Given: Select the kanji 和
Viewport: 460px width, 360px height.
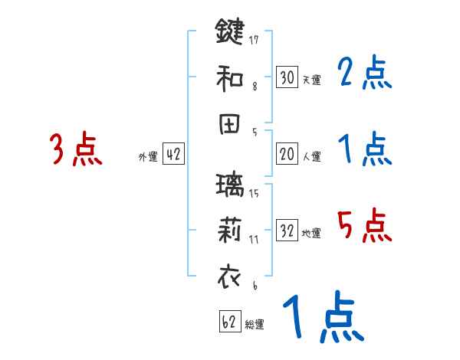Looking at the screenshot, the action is click(230, 77).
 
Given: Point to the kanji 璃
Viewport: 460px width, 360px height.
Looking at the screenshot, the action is click(230, 187).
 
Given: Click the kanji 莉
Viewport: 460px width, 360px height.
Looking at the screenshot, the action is click(230, 231).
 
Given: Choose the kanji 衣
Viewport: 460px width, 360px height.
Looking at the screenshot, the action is click(230, 277).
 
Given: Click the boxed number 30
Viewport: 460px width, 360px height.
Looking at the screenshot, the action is click(287, 77).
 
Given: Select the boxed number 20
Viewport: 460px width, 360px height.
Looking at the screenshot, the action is click(287, 154).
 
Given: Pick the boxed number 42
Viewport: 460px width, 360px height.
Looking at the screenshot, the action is click(173, 154).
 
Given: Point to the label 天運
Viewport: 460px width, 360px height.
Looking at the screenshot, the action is click(311, 80).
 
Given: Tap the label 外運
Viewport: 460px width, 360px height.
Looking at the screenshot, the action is click(147, 157).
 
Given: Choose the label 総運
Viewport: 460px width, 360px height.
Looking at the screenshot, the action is click(255, 325).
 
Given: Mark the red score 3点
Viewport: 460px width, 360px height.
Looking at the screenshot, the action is click(75, 149).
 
